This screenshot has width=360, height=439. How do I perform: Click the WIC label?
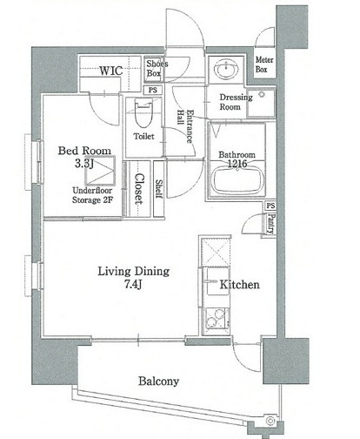pyautogui.click(x=111, y=71)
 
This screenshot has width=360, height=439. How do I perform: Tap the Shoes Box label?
pyautogui.click(x=157, y=68)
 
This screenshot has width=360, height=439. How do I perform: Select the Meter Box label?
pyautogui.click(x=264, y=64)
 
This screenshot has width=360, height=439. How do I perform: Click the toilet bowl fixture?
pyautogui.click(x=143, y=113)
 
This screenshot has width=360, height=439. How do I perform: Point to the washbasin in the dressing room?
pyautogui.click(x=226, y=69)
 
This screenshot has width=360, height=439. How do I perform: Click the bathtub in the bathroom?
pyautogui.click(x=237, y=181)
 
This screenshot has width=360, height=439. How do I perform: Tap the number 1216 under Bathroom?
pyautogui.click(x=237, y=164)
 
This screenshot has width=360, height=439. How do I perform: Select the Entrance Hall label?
pyautogui.click(x=185, y=126)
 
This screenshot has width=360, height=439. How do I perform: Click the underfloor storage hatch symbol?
pyautogui.click(x=100, y=171)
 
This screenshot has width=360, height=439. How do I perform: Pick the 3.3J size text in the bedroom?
pyautogui.click(x=84, y=164)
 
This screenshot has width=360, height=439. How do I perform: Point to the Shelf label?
pyautogui.click(x=159, y=189)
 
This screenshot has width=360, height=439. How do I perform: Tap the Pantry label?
pyautogui.click(x=271, y=224)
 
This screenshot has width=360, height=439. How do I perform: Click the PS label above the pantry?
pyautogui.click(x=270, y=206)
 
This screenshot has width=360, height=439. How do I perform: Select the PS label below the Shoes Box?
pyautogui.click(x=153, y=90)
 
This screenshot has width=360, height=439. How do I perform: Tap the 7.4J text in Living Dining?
pyautogui.click(x=133, y=285)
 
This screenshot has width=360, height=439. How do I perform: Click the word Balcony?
pyautogui.click(x=158, y=382)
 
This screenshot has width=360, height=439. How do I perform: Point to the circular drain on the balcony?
pyautogui.click(x=270, y=421)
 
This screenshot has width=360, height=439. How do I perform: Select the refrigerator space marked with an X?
pyautogui.click(x=215, y=252)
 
